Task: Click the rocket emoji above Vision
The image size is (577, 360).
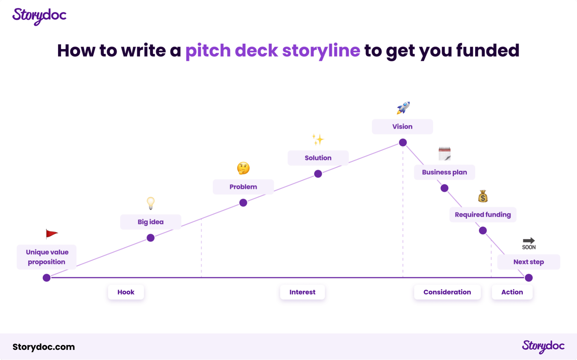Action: tap(403, 108)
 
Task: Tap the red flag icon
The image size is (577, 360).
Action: tap(52, 234)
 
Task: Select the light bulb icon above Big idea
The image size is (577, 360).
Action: tap(151, 203)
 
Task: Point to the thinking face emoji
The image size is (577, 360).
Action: tap(243, 168)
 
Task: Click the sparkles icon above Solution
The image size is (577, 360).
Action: tap(318, 139)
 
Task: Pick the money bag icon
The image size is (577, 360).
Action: tap(483, 196)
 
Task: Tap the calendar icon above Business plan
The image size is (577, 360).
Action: tap(445, 154)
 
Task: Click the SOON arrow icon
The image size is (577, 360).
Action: tap(529, 244)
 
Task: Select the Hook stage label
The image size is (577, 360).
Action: tap(126, 292)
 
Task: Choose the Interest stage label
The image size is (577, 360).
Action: tap(302, 292)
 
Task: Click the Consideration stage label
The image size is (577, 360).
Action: tap(447, 292)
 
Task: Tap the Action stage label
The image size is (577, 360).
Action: tap(512, 292)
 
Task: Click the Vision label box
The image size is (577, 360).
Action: tap(402, 126)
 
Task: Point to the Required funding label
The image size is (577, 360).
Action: tap(483, 214)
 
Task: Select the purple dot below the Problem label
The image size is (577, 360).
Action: tap(243, 203)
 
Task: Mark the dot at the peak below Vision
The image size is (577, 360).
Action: tap(403, 142)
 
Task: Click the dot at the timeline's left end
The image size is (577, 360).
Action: tap(46, 278)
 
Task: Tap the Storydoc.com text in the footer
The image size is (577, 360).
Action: tap(44, 347)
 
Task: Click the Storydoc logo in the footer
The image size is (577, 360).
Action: tap(543, 346)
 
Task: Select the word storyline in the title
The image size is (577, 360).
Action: tap(321, 51)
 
